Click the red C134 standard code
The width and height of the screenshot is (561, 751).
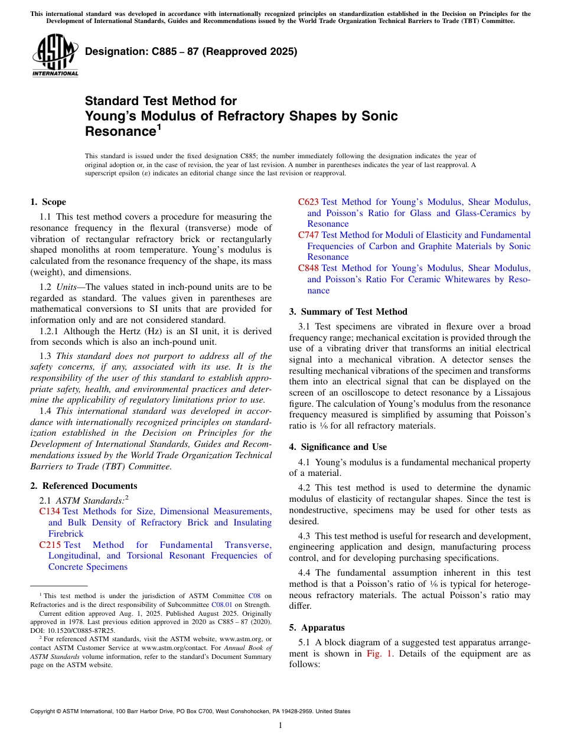pos(50,511)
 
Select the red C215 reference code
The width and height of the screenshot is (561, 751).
pos(50,545)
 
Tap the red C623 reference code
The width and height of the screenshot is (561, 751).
pos(309,202)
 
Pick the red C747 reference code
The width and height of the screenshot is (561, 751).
pos(309,235)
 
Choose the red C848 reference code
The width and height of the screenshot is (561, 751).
pos(309,268)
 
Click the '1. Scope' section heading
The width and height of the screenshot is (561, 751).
pos(48,202)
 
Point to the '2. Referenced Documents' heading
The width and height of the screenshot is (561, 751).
pos(84,486)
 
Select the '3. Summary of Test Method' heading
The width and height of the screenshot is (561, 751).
pos(348,312)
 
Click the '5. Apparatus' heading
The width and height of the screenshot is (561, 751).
pos(317,628)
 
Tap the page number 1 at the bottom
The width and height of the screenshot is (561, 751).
pos(280,726)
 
